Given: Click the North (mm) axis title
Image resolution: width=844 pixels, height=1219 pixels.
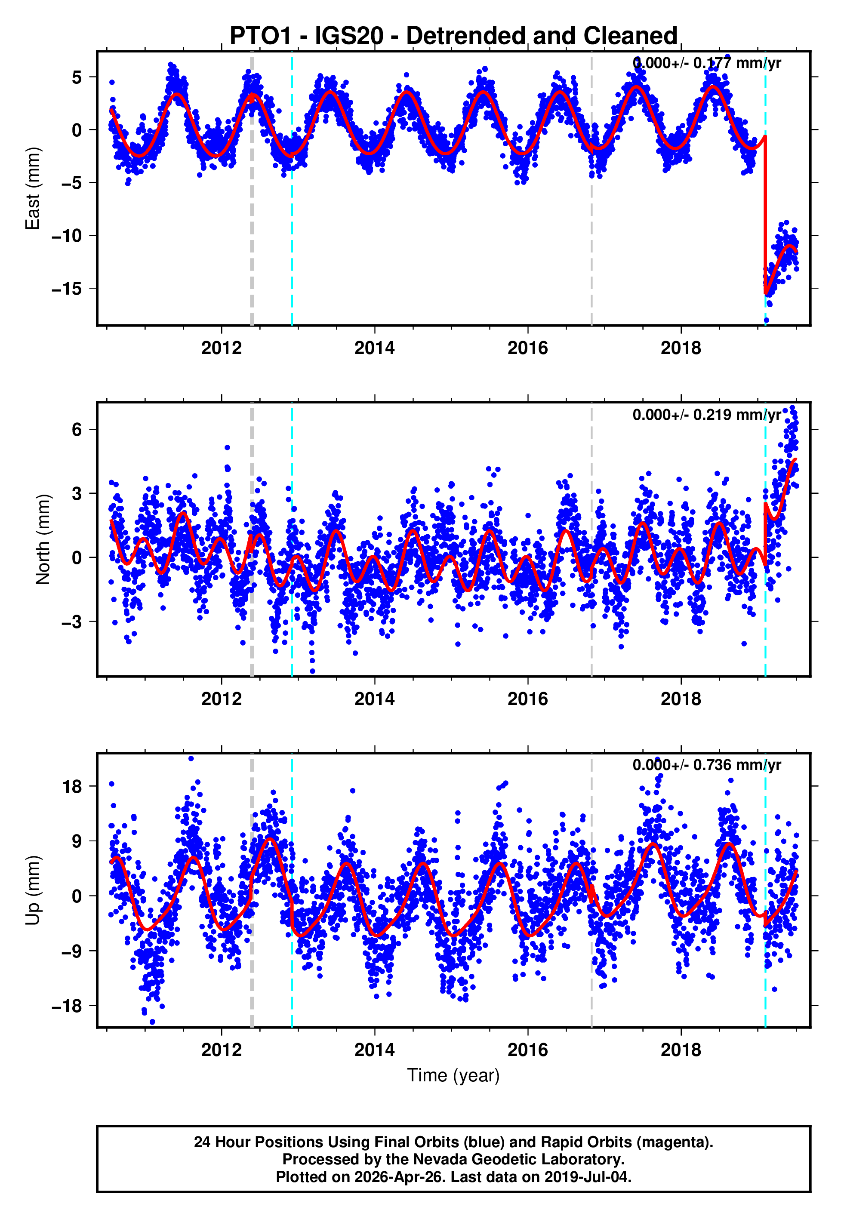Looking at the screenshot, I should pyautogui.click(x=42, y=539).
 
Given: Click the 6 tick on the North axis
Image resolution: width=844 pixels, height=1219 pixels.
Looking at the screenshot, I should pyautogui.click(x=77, y=429).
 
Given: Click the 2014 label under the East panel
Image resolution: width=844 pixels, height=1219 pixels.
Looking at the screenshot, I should pyautogui.click(x=374, y=348).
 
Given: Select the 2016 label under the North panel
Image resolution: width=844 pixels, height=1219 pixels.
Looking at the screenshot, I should pyautogui.click(x=527, y=699).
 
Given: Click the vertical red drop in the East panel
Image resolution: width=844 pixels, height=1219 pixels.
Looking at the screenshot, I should pyautogui.click(x=765, y=212).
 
